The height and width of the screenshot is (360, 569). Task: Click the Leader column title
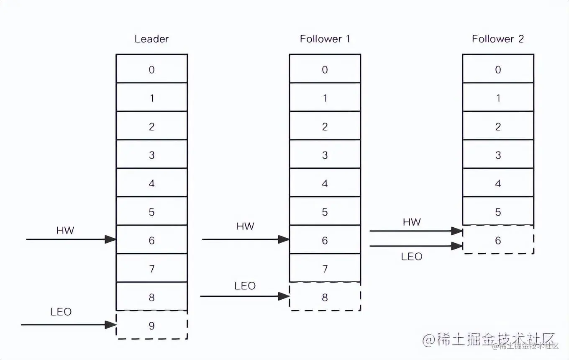click(x=151, y=39)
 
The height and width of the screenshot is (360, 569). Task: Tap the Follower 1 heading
click(x=324, y=39)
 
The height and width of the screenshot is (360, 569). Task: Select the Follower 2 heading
click(x=498, y=39)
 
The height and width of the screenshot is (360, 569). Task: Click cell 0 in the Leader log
click(x=151, y=69)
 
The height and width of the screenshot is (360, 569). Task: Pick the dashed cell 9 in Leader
click(x=151, y=325)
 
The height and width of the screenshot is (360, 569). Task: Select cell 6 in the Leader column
click(x=151, y=240)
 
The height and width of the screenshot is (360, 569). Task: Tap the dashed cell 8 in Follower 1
click(x=325, y=297)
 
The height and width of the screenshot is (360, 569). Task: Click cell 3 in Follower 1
click(x=325, y=154)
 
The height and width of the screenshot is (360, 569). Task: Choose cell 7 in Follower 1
click(x=325, y=268)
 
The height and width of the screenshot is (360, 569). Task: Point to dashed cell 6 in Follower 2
click(x=498, y=240)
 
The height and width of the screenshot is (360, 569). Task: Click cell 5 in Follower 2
click(x=498, y=211)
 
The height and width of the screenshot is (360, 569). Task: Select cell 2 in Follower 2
click(x=498, y=126)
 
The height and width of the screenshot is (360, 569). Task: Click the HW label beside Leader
click(x=65, y=230)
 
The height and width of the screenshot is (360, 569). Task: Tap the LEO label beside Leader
click(x=61, y=312)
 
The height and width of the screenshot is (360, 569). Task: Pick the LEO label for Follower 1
click(x=245, y=286)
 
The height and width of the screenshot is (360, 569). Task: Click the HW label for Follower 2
click(x=412, y=222)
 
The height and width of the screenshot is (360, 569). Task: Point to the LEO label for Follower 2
click(x=412, y=256)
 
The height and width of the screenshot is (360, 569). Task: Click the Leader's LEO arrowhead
click(x=111, y=324)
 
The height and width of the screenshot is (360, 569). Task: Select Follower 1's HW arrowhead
click(x=284, y=239)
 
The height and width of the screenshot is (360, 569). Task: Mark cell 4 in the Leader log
click(x=151, y=183)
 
